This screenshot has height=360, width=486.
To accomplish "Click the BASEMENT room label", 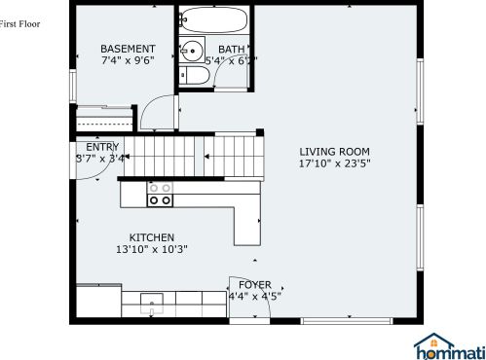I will (x=128, y=49).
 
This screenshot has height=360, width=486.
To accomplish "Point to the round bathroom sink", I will (x=193, y=52).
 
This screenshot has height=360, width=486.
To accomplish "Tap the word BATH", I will (x=232, y=50).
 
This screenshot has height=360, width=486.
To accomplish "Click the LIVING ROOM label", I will (x=334, y=151).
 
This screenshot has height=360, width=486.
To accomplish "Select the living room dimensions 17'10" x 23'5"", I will (x=334, y=163).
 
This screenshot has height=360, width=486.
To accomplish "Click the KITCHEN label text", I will (x=152, y=237).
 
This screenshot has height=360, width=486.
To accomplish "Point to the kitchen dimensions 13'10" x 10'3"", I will (x=151, y=249).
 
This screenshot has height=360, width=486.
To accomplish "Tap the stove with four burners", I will (x=160, y=194).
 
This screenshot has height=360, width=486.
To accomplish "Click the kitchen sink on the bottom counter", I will (x=151, y=299).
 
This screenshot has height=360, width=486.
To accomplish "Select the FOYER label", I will (x=255, y=285).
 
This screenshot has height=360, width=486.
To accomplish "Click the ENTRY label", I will (x=102, y=147).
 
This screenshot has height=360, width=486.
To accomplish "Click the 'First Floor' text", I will (x=20, y=23).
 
